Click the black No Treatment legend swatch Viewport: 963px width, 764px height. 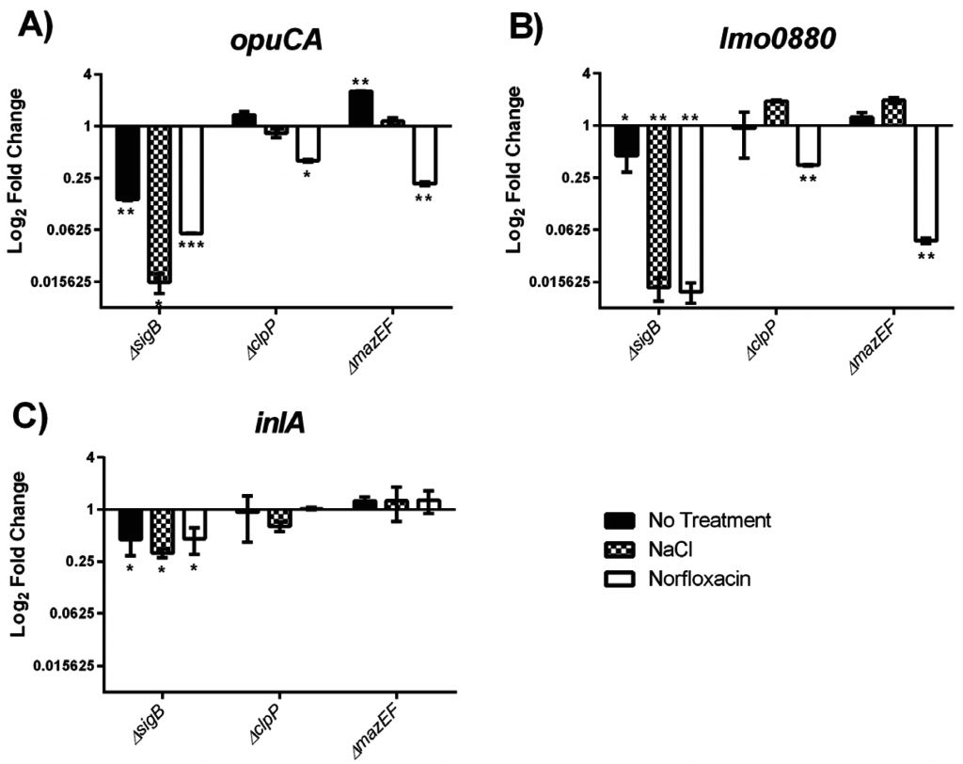click(617, 520)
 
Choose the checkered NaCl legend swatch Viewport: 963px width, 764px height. click(617, 549)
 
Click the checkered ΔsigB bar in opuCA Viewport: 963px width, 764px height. click(159, 203)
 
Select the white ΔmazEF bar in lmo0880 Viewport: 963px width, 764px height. click(925, 183)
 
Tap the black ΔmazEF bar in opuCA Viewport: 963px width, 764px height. click(361, 108)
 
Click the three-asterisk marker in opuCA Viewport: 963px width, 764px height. click(191, 246)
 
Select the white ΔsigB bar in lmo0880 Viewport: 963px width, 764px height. click(691, 208)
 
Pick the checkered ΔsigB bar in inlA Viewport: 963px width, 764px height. click(162, 531)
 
